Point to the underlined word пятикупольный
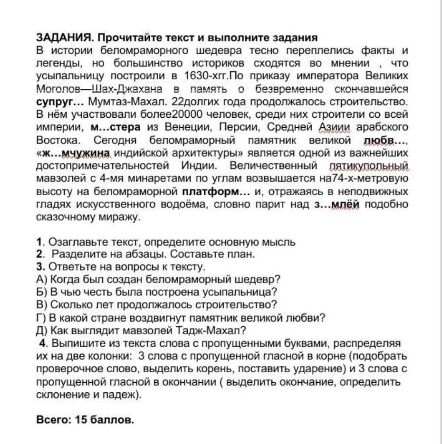click(368, 166)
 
